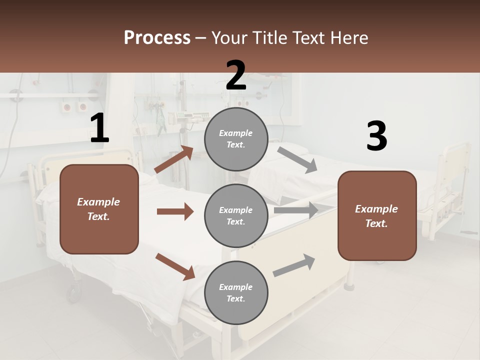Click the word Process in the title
[157, 38]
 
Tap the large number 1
[99, 128]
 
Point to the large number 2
[236, 75]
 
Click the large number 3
[376, 136]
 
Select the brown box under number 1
[99, 209]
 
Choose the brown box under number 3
[377, 215]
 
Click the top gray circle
[236, 139]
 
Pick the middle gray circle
[236, 215]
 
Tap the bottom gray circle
[236, 292]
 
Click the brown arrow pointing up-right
[174, 159]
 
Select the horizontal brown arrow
[175, 211]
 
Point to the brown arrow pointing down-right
[175, 266]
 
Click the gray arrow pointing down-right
[297, 159]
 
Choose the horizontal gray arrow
[296, 210]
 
